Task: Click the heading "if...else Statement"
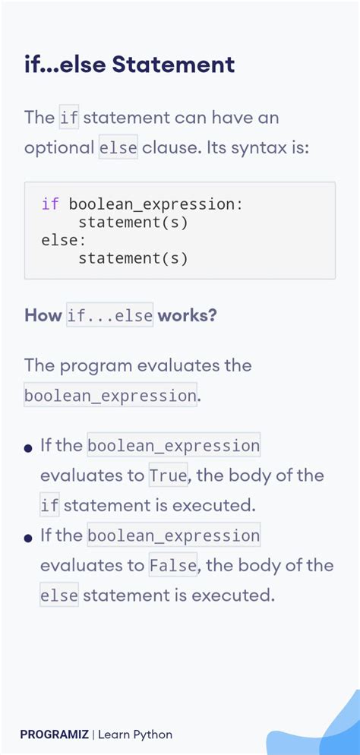129,65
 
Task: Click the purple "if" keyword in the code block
50,204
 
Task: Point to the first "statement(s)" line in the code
133,223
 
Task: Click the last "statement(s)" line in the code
133,258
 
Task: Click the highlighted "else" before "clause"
118,147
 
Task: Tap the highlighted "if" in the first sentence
68,118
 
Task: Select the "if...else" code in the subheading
110,315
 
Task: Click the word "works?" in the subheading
187,315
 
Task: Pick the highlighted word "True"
169,476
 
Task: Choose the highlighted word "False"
173,566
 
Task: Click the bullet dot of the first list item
28,447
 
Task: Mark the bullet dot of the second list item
28,538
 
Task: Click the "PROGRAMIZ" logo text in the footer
55,734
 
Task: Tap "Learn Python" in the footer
135,734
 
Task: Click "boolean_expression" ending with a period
110,396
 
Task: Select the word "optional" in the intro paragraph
59,147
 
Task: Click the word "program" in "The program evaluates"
95,365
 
